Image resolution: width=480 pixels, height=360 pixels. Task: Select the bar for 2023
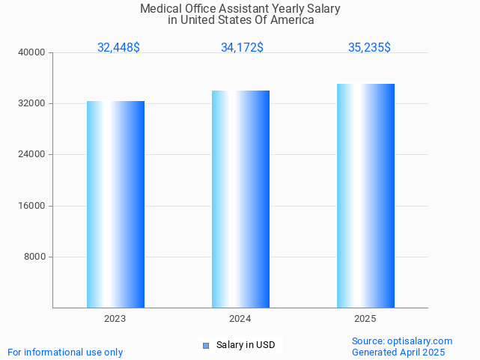pyautogui.click(x=115, y=204)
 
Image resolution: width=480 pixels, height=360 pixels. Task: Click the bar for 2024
pyautogui.click(x=240, y=198)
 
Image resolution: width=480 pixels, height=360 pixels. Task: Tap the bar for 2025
pyautogui.click(x=365, y=195)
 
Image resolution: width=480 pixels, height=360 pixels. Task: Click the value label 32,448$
pyautogui.click(x=118, y=47)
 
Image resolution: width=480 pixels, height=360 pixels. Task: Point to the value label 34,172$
pyautogui.click(x=242, y=47)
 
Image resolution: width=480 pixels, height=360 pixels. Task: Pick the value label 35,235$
pyautogui.click(x=369, y=47)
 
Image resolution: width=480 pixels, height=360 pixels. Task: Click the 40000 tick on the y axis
pyautogui.click(x=32, y=52)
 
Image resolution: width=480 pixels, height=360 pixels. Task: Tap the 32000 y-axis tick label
pyautogui.click(x=32, y=103)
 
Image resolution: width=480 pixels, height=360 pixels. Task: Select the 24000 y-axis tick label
pyautogui.click(x=32, y=154)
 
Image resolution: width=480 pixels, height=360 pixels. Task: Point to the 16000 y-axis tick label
pyautogui.click(x=32, y=206)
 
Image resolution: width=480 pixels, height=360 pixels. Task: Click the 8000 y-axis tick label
pyautogui.click(x=35, y=257)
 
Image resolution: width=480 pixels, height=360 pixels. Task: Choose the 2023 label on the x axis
pyautogui.click(x=115, y=319)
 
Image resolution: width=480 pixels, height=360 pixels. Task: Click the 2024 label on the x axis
pyautogui.click(x=240, y=319)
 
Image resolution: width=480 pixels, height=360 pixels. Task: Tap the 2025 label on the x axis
pyautogui.click(x=365, y=319)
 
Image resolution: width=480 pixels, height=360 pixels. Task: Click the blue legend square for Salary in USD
pyautogui.click(x=206, y=345)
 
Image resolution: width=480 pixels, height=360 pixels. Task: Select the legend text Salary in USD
pyautogui.click(x=246, y=345)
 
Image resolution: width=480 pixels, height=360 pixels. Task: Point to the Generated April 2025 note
pyautogui.click(x=398, y=353)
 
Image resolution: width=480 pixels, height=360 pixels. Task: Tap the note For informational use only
pyautogui.click(x=65, y=353)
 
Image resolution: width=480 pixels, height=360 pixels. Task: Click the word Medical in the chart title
pyautogui.click(x=161, y=9)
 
